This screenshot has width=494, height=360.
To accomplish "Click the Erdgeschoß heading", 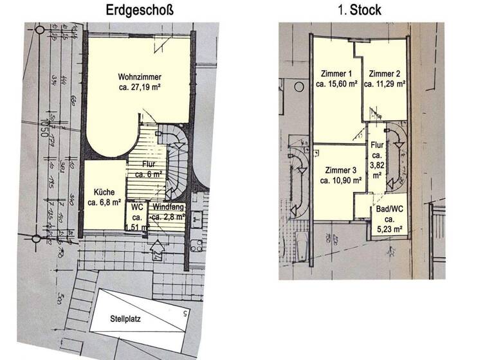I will tap(140, 10).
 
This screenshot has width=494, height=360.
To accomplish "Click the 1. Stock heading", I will tap(359, 10).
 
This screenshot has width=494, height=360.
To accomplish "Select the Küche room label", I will tap(104, 192).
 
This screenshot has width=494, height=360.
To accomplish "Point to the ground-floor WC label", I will tap(137, 207).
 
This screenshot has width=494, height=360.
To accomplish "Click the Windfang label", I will tap(169, 207).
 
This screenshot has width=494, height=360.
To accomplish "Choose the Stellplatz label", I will tap(126, 317).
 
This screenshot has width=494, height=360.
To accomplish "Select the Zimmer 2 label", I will tap(384, 73).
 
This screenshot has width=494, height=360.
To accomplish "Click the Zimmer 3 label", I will tap(341, 170).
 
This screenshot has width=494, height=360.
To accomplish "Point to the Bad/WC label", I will tap(390, 209).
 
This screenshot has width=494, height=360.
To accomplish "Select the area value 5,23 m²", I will tap(390, 228).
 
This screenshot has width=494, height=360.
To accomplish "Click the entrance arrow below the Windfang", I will tap(156, 246).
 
